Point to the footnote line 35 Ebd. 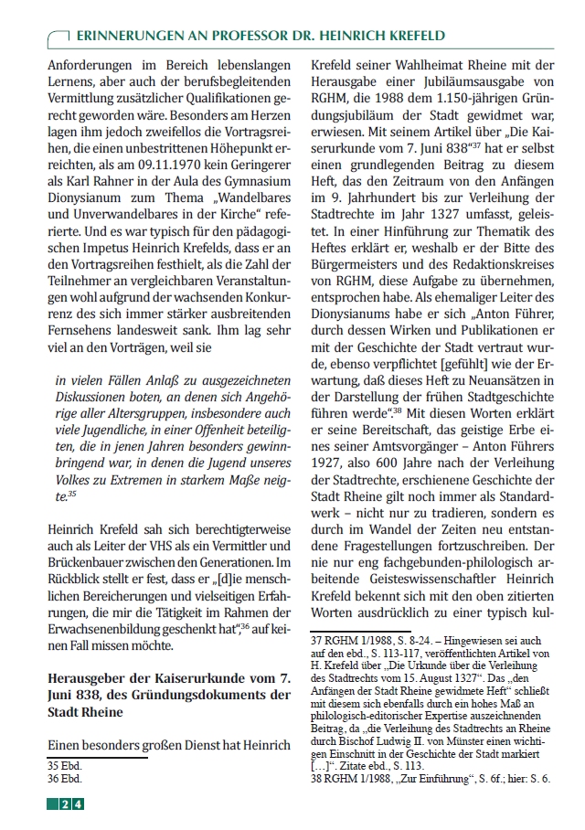(x=65, y=764)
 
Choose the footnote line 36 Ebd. (x=65, y=779)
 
